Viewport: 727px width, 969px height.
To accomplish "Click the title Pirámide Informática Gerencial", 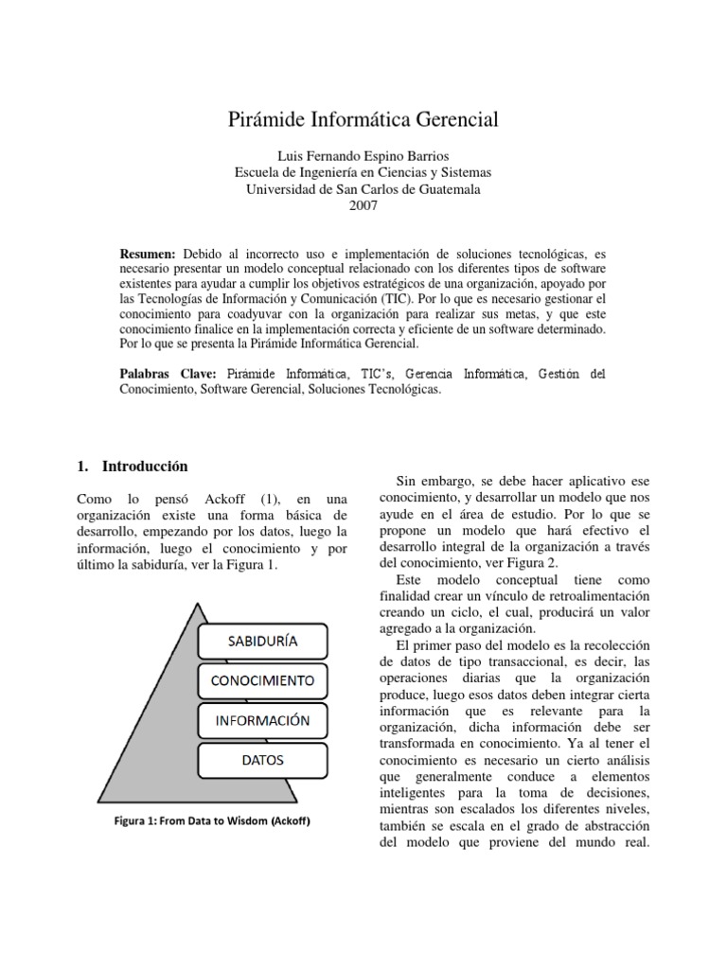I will click(x=363, y=119).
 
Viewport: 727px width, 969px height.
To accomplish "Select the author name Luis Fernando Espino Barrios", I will click(x=363, y=155).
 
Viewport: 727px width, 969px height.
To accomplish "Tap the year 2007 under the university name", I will click(x=363, y=206).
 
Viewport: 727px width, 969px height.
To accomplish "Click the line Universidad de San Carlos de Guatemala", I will click(x=363, y=189).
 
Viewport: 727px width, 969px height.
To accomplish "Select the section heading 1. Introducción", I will click(x=132, y=467).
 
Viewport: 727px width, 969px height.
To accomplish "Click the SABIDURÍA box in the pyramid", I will click(x=262, y=641).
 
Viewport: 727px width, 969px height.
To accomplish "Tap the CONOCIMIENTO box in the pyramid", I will click(x=262, y=680).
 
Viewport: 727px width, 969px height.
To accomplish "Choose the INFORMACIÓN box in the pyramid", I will click(x=262, y=720).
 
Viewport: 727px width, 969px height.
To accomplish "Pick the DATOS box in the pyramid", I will click(x=262, y=760).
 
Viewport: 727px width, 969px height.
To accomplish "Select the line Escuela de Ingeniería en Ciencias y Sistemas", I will click(x=363, y=172).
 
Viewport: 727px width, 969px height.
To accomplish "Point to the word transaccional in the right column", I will click(x=522, y=662).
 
